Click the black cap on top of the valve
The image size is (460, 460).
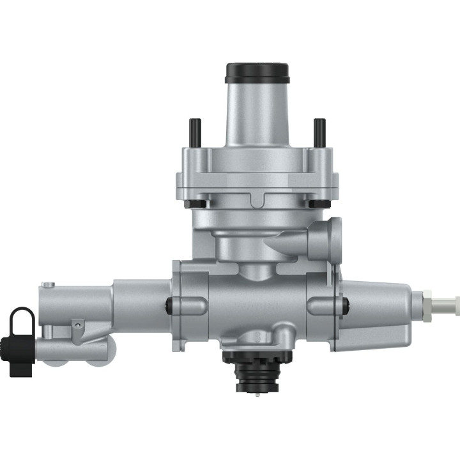(257, 72)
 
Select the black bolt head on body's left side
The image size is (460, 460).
(171, 305)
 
